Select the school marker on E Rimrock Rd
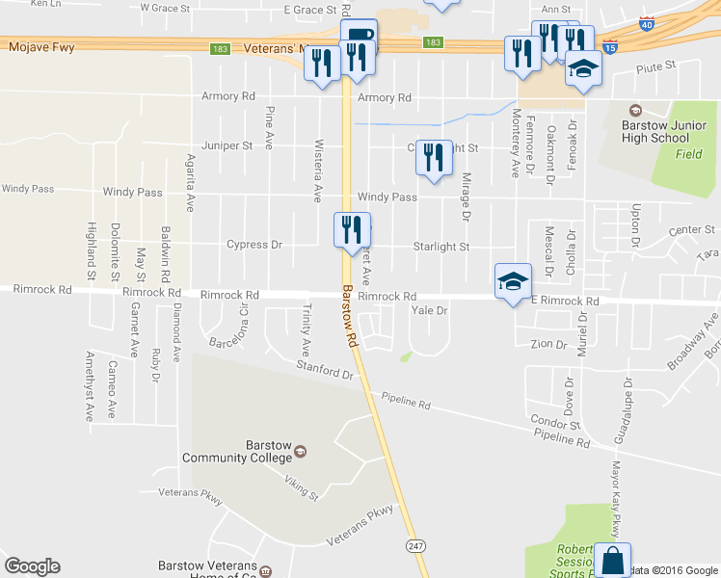pyautogui.click(x=513, y=281)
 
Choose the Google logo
pyautogui.click(x=32, y=566)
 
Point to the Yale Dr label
pyautogui.click(x=430, y=310)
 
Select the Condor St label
pyautogui.click(x=554, y=423)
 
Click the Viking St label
pyautogui.click(x=302, y=490)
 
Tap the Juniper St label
pyautogui.click(x=227, y=146)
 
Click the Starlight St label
pyautogui.click(x=441, y=247)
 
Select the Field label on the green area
pyautogui.click(x=688, y=154)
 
